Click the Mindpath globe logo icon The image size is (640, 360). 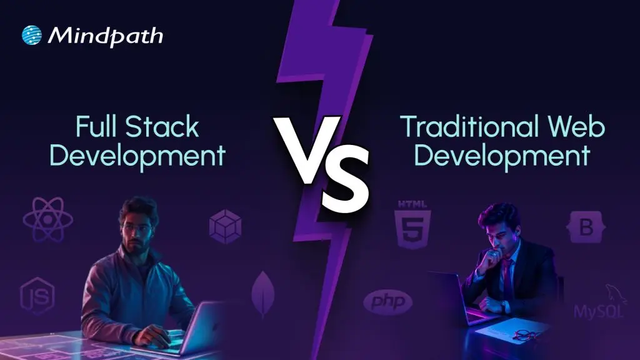tap(31, 36)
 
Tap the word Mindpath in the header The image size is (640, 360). tap(105, 36)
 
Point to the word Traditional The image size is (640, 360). tap(466, 127)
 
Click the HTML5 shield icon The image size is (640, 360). tap(412, 224)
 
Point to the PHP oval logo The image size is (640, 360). tap(387, 303)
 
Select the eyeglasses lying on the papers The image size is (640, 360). tap(526, 335)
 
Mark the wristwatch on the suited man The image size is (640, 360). tap(503, 306)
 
